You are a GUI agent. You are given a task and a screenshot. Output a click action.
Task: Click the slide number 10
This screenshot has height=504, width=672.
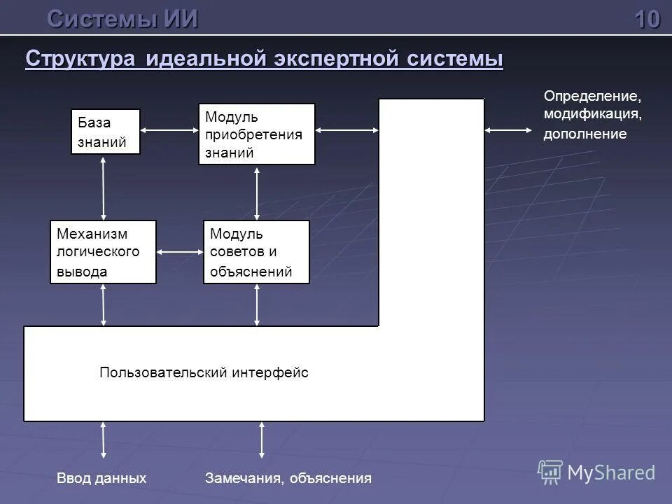tap(647, 19)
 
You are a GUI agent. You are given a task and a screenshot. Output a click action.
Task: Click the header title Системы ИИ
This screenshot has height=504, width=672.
tap(122, 19)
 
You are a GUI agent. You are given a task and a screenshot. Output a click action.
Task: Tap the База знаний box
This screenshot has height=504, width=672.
tap(105, 132)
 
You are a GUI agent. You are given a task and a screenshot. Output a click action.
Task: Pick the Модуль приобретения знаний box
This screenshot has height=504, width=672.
tap(256, 134)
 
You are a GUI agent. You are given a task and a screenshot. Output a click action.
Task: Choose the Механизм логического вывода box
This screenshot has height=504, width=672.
tap(103, 252)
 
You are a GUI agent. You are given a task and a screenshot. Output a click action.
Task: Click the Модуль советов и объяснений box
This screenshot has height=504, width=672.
tap(256, 252)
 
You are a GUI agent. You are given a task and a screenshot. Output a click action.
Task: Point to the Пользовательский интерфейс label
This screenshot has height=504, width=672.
tap(204, 373)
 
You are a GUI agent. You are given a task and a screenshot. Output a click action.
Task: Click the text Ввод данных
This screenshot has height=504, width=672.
tap(101, 479)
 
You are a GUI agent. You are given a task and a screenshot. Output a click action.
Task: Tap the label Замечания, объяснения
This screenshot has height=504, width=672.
tap(288, 479)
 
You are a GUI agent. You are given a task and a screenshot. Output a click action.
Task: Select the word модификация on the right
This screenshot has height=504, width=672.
tap(592, 113)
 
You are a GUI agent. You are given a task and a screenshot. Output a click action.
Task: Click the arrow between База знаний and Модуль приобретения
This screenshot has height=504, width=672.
tap(169, 129)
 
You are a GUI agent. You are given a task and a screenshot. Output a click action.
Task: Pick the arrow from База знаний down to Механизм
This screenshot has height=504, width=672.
tap(104, 187)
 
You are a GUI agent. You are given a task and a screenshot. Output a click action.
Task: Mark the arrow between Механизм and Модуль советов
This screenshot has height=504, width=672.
tap(180, 251)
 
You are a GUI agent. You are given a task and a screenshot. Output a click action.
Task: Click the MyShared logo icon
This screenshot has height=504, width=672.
tap(551, 472)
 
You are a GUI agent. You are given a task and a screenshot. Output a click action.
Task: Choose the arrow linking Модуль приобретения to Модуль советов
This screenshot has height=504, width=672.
tap(258, 192)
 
